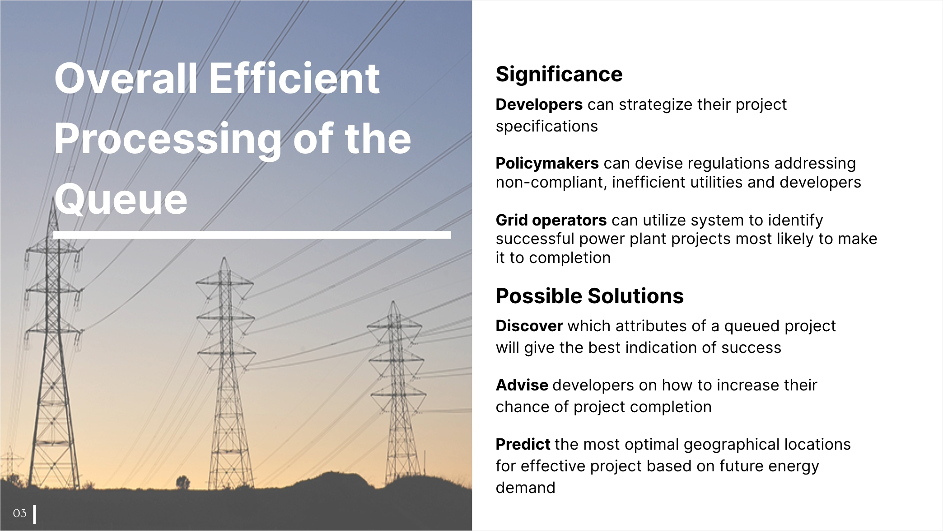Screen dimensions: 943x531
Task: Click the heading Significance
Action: pyautogui.click(x=559, y=75)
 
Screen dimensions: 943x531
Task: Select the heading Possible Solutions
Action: pyautogui.click(x=590, y=296)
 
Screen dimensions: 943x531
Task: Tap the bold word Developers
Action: pyautogui.click(x=539, y=105)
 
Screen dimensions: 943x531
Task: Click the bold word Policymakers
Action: pyautogui.click(x=547, y=163)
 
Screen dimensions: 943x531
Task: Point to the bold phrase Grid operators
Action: pyautogui.click(x=551, y=220)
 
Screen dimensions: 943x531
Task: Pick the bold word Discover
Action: pyautogui.click(x=529, y=326)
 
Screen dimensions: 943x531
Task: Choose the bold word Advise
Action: pyautogui.click(x=522, y=385)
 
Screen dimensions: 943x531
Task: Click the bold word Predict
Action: pyautogui.click(x=523, y=444)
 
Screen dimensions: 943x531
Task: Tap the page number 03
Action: pyautogui.click(x=19, y=513)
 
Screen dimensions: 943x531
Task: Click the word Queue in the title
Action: pyautogui.click(x=121, y=199)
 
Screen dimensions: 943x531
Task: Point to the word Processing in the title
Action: pyautogui.click(x=168, y=140)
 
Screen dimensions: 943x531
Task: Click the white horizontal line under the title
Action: pyautogui.click(x=252, y=235)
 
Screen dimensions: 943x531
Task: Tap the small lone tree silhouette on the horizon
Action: pyautogui.click(x=182, y=482)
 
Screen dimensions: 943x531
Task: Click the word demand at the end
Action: pyautogui.click(x=525, y=488)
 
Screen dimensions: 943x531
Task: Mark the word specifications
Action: pyautogui.click(x=546, y=127)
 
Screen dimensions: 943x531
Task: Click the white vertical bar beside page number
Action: pyautogui.click(x=35, y=514)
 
